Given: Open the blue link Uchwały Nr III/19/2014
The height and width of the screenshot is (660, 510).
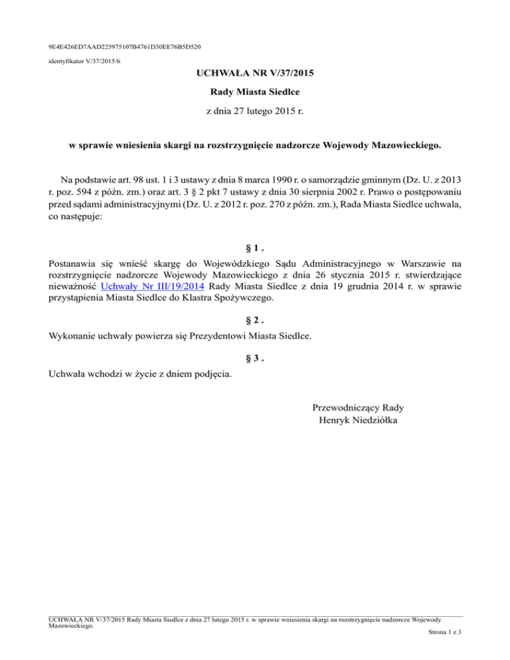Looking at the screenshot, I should point(150,286).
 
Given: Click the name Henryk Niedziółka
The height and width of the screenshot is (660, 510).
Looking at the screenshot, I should point(359,421).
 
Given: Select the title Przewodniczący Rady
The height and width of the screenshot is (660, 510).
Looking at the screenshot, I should point(359,408).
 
